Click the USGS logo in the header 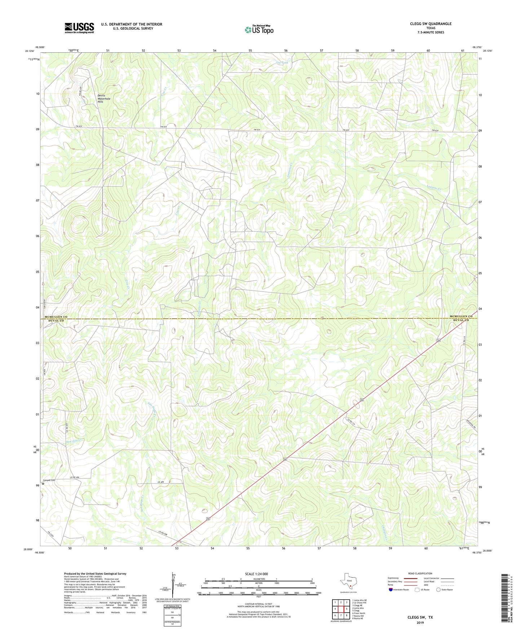pyautogui.click(x=79, y=28)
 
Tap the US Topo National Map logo pyautogui.click(x=259, y=29)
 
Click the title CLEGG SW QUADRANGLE pyautogui.click(x=431, y=24)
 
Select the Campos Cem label pyautogui.click(x=49, y=480)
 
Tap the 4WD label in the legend pyautogui.click(x=428, y=585)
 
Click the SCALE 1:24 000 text pyautogui.click(x=256, y=574)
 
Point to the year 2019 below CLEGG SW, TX pyautogui.click(x=420, y=622)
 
